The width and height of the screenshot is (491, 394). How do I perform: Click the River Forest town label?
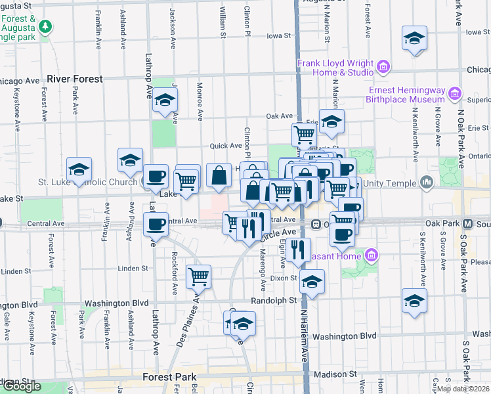(x=75, y=79)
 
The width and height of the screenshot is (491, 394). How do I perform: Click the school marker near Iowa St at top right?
(x=414, y=39)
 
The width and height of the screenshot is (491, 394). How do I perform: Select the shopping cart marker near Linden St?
(x=198, y=276)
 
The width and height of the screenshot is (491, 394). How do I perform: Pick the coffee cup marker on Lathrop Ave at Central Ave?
(x=156, y=225)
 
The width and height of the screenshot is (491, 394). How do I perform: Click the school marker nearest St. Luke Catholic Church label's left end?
(x=79, y=169)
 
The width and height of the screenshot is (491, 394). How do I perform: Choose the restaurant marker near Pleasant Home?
(x=298, y=249)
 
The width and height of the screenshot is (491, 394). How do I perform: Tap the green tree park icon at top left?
(x=45, y=27)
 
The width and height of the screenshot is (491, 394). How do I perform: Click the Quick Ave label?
(x=226, y=146)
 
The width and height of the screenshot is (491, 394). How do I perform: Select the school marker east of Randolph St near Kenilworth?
(x=414, y=301)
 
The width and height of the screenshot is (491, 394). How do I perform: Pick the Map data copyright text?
(x=463, y=389)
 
